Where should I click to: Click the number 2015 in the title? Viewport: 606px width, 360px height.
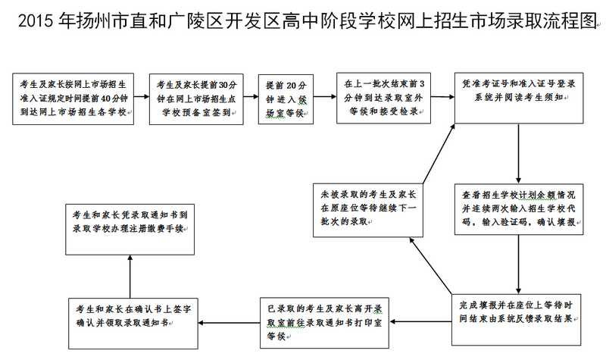35,22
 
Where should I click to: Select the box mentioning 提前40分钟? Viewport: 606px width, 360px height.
73,98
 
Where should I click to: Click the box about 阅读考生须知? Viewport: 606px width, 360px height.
518,97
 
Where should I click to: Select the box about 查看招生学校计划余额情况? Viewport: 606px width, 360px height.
517,208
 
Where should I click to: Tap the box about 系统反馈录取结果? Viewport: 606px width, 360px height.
517,310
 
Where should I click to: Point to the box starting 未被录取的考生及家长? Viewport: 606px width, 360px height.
367,208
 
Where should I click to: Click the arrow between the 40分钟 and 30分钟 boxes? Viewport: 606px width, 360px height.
142,98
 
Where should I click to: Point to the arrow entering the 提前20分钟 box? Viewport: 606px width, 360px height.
251,98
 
